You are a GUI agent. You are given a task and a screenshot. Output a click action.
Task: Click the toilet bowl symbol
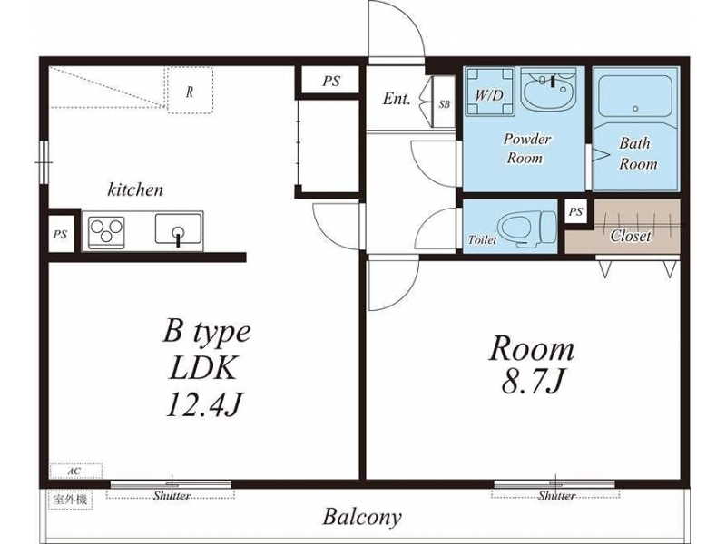[528, 228]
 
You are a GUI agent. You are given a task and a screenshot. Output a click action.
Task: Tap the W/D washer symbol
[490, 92]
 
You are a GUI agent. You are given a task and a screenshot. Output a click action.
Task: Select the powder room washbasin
[549, 88]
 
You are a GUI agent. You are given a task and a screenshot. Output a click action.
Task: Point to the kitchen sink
[178, 229]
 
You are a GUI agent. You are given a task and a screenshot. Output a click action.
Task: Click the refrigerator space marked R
[191, 90]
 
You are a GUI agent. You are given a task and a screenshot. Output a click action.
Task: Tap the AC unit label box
[75, 471]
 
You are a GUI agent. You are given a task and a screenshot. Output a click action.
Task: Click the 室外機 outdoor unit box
[71, 500]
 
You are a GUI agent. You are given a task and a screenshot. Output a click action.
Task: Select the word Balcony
[362, 517]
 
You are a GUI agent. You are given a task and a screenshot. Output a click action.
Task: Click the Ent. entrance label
[397, 99]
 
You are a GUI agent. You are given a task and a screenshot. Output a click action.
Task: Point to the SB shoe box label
[444, 104]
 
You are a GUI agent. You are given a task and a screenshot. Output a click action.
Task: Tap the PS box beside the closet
[575, 211]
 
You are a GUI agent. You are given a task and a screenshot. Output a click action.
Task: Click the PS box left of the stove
[61, 235]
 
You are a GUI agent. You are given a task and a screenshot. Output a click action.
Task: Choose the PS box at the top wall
[331, 81]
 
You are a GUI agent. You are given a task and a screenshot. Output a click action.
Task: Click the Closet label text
[630, 236]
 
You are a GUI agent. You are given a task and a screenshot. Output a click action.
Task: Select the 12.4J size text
[203, 405]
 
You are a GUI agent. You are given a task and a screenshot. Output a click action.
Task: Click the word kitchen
[135, 189]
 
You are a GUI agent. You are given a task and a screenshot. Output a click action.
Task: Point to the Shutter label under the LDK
[172, 496]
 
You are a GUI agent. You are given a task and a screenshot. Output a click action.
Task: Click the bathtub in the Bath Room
[634, 96]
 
